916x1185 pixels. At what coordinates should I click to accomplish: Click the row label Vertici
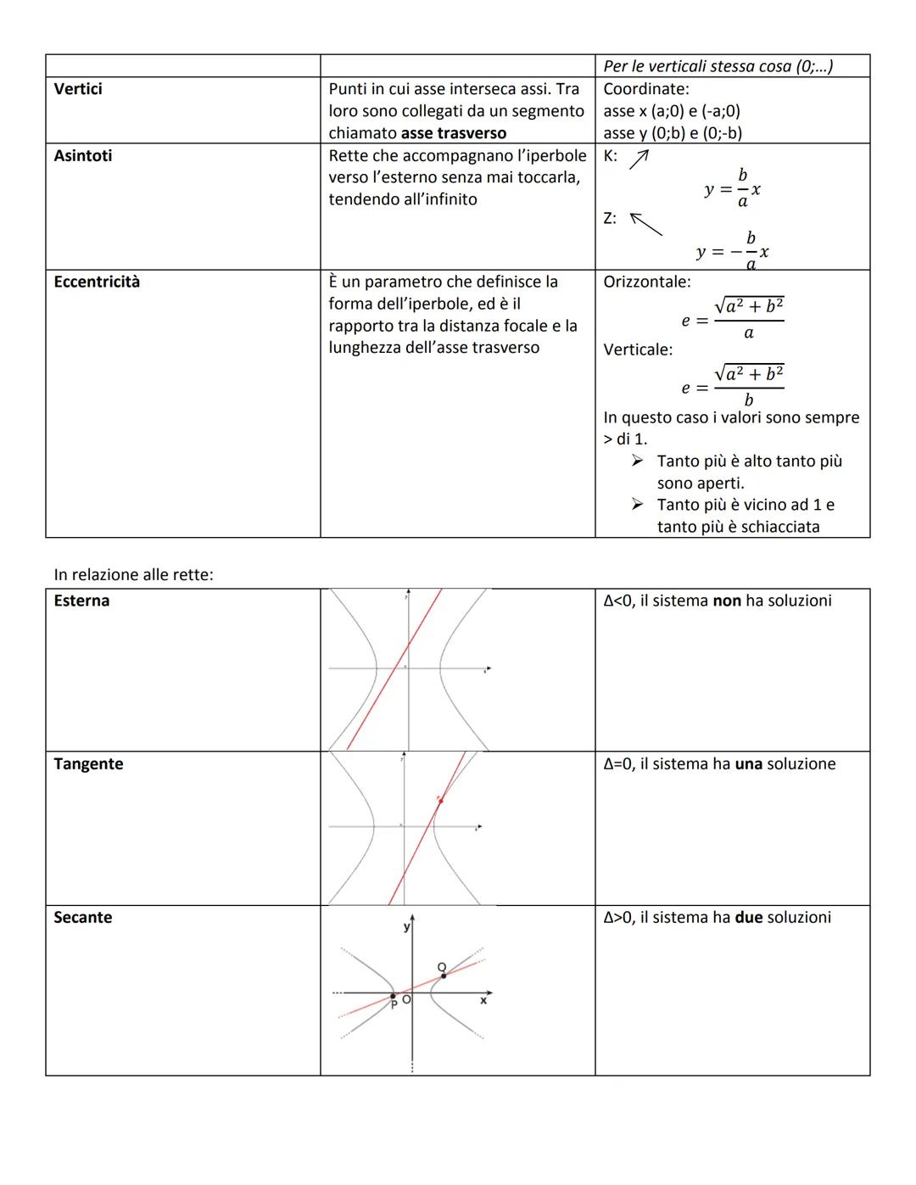[78, 89]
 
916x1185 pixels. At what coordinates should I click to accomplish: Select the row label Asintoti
[82, 156]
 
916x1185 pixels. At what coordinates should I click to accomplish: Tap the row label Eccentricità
[97, 282]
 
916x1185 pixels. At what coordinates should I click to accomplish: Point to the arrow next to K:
[639, 159]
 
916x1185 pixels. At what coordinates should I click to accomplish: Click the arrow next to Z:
[645, 224]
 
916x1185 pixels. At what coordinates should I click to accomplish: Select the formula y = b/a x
[732, 188]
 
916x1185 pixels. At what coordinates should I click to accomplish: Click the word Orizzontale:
[646, 282]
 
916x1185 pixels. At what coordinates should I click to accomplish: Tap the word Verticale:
[638, 349]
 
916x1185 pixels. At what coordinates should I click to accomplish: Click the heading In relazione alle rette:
[133, 574]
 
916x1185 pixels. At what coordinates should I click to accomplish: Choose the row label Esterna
[81, 601]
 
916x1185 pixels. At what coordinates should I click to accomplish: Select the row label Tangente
[88, 763]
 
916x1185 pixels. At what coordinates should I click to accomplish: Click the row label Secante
[82, 917]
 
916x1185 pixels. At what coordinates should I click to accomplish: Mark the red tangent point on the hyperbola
[439, 800]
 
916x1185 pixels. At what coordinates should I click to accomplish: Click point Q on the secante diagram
[443, 975]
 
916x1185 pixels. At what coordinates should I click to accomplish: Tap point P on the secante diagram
[393, 996]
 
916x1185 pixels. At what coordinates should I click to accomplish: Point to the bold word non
[727, 601]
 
